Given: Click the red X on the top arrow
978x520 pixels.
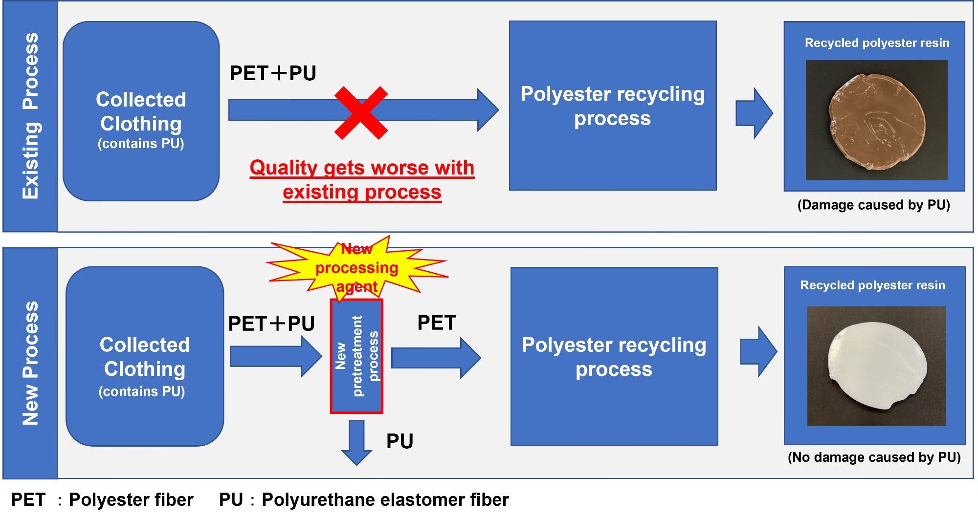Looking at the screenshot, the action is click(x=361, y=113).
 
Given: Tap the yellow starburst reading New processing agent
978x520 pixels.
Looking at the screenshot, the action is click(x=357, y=267).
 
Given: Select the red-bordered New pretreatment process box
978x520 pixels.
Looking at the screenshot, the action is click(x=356, y=356).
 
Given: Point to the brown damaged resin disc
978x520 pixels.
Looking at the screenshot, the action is click(x=877, y=122).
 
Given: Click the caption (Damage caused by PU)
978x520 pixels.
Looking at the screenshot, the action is click(x=874, y=205).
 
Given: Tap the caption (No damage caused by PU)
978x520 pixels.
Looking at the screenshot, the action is click(x=874, y=457).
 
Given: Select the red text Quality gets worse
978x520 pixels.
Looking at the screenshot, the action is click(x=362, y=168).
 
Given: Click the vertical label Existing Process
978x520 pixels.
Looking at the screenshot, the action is click(x=30, y=116).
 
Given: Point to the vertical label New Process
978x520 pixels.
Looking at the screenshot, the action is click(x=30, y=363).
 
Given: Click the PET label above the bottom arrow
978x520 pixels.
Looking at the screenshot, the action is click(x=437, y=323).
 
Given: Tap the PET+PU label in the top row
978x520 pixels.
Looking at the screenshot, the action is click(x=273, y=73).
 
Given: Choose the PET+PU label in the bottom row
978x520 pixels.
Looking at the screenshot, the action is click(x=271, y=324).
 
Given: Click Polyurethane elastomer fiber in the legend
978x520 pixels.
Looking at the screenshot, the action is click(x=385, y=499).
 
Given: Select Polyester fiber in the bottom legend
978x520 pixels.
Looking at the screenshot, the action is click(x=131, y=499).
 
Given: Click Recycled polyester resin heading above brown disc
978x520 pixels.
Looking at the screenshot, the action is click(x=877, y=43).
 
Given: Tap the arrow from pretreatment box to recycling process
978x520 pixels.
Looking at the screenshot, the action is click(x=436, y=358).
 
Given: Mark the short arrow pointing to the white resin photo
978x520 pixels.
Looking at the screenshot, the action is click(x=758, y=351).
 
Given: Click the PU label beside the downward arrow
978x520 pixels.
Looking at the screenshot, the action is click(x=400, y=441).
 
